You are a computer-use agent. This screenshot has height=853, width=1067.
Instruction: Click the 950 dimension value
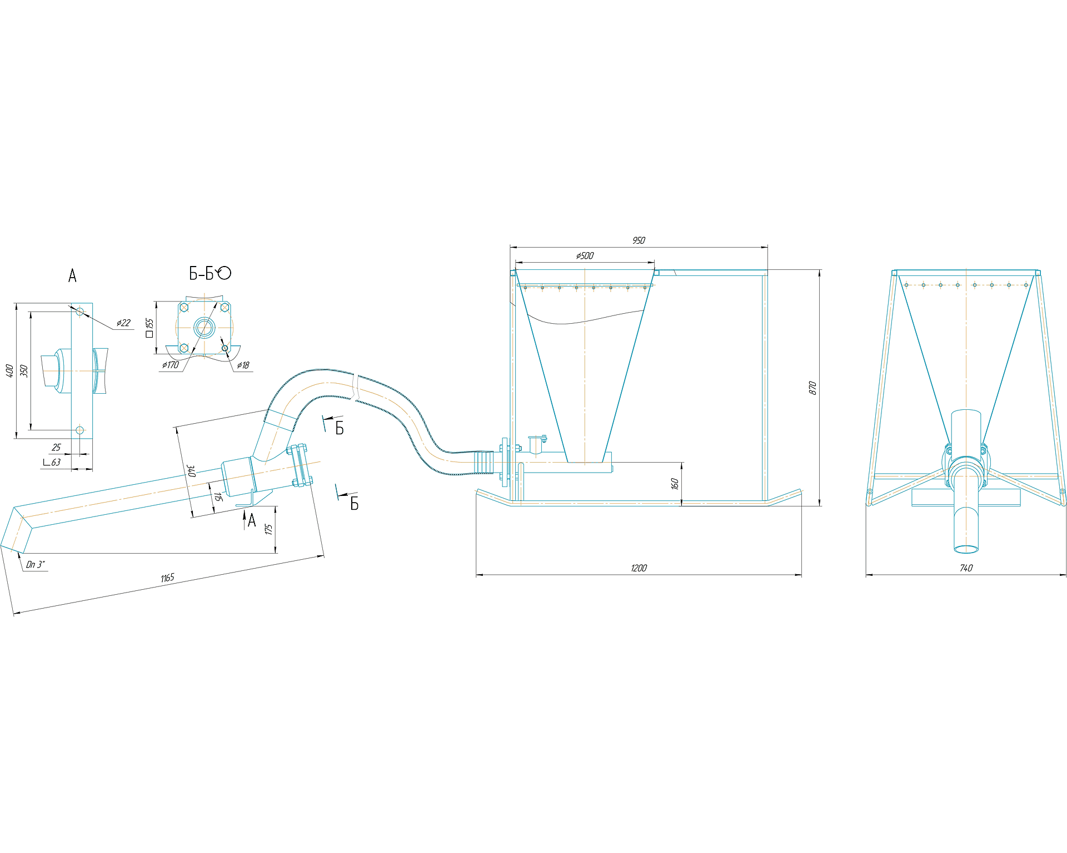click(639, 240)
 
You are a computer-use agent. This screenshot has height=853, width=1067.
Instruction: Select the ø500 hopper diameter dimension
click(585, 255)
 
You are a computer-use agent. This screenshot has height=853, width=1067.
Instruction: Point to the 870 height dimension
click(812, 388)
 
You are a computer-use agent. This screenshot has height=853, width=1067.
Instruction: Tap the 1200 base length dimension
click(639, 568)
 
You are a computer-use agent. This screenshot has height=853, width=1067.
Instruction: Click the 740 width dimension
click(966, 568)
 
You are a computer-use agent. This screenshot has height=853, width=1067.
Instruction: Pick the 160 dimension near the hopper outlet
click(675, 484)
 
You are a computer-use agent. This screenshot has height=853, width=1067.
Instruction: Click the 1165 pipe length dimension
click(167, 578)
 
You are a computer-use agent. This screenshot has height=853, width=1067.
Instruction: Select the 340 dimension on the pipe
click(191, 471)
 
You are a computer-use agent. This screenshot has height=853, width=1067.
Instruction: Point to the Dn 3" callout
click(36, 564)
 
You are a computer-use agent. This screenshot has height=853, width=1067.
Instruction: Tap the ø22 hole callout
click(123, 323)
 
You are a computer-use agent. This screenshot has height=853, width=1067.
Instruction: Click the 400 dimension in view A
click(9, 371)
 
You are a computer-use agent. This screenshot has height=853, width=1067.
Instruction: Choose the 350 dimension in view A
click(24, 371)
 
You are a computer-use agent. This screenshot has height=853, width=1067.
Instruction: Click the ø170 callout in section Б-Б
click(170, 365)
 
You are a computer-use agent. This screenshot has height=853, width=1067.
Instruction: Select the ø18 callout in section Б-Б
click(243, 365)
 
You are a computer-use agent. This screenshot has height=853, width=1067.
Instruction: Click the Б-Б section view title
click(210, 273)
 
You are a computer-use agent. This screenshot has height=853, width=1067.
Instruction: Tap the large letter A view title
click(72, 275)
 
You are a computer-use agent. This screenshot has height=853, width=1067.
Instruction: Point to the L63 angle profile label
click(52, 462)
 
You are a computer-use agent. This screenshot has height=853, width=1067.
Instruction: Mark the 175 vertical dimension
click(269, 529)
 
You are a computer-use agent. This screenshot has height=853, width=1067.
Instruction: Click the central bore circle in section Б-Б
click(204, 327)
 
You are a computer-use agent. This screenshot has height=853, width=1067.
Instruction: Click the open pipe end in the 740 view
click(966, 549)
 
